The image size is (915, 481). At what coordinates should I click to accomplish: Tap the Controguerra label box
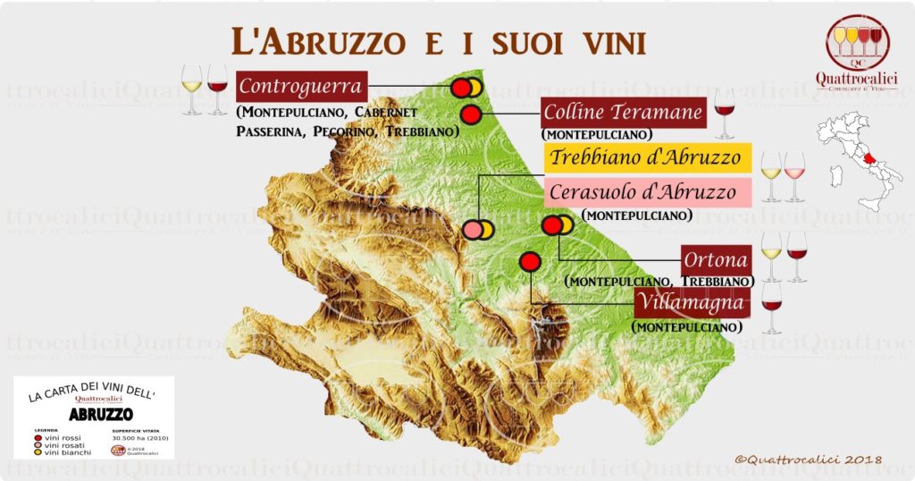pos(302,88)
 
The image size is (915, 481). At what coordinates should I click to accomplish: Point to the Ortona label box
pos(716,260)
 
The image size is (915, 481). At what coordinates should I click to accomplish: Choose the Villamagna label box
pos(692,303)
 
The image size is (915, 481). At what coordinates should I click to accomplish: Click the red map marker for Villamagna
pos(530,262)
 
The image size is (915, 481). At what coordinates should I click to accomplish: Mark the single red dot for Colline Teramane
pos(470,114)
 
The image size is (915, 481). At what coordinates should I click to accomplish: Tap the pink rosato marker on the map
pos(473,230)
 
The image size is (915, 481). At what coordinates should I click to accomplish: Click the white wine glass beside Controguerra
pos(192,89)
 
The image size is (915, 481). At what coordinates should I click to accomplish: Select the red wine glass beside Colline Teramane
pos(725,112)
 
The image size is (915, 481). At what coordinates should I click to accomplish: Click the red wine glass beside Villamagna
pos(771,307)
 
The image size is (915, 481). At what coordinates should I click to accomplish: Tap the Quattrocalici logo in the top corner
pos(856,53)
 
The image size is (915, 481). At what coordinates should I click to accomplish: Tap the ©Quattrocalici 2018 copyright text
pos(808,460)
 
